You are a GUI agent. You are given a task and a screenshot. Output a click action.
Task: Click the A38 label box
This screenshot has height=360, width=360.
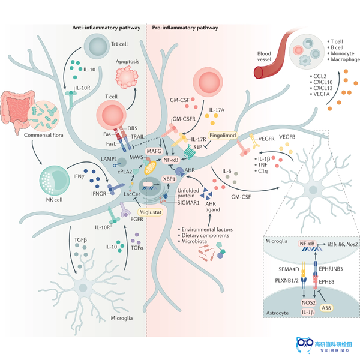(326, 308)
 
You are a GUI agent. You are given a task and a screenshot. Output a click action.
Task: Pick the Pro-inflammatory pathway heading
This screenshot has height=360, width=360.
(185, 28)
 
